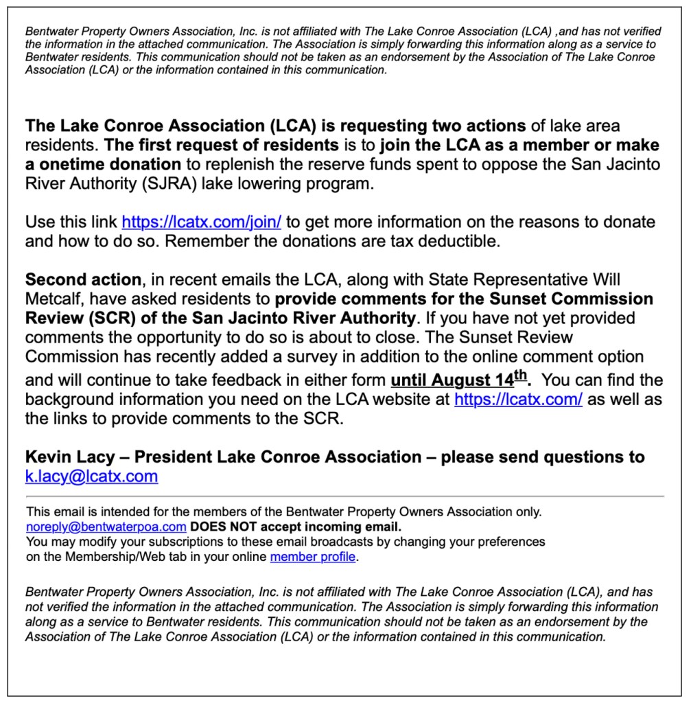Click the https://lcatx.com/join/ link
click(x=202, y=222)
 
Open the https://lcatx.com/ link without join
click(x=518, y=400)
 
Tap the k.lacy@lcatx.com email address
click(x=91, y=476)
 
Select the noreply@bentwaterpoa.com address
click(x=106, y=527)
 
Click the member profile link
click(x=312, y=557)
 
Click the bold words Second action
click(x=82, y=280)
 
